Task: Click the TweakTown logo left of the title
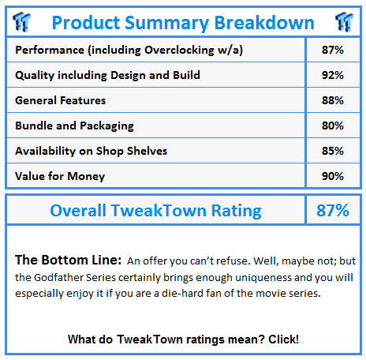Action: pos(21,22)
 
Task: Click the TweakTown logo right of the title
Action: pos(344,22)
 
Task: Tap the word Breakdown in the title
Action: pos(264,23)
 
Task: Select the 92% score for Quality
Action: pos(333,75)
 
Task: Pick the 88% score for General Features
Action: pos(333,100)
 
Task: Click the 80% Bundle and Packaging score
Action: pos(333,126)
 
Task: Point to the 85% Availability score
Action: pos(333,151)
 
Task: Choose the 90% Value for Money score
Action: pos(333,176)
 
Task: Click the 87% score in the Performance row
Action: pos(333,50)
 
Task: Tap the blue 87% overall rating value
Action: pos(333,210)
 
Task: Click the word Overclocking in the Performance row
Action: pos(179,51)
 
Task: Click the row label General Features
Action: pos(60,100)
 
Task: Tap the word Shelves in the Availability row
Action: pos(147,151)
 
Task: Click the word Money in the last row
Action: pos(86,177)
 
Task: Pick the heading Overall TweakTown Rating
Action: pos(155,211)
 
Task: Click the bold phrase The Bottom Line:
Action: pos(68,260)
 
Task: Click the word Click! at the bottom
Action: pos(283,339)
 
